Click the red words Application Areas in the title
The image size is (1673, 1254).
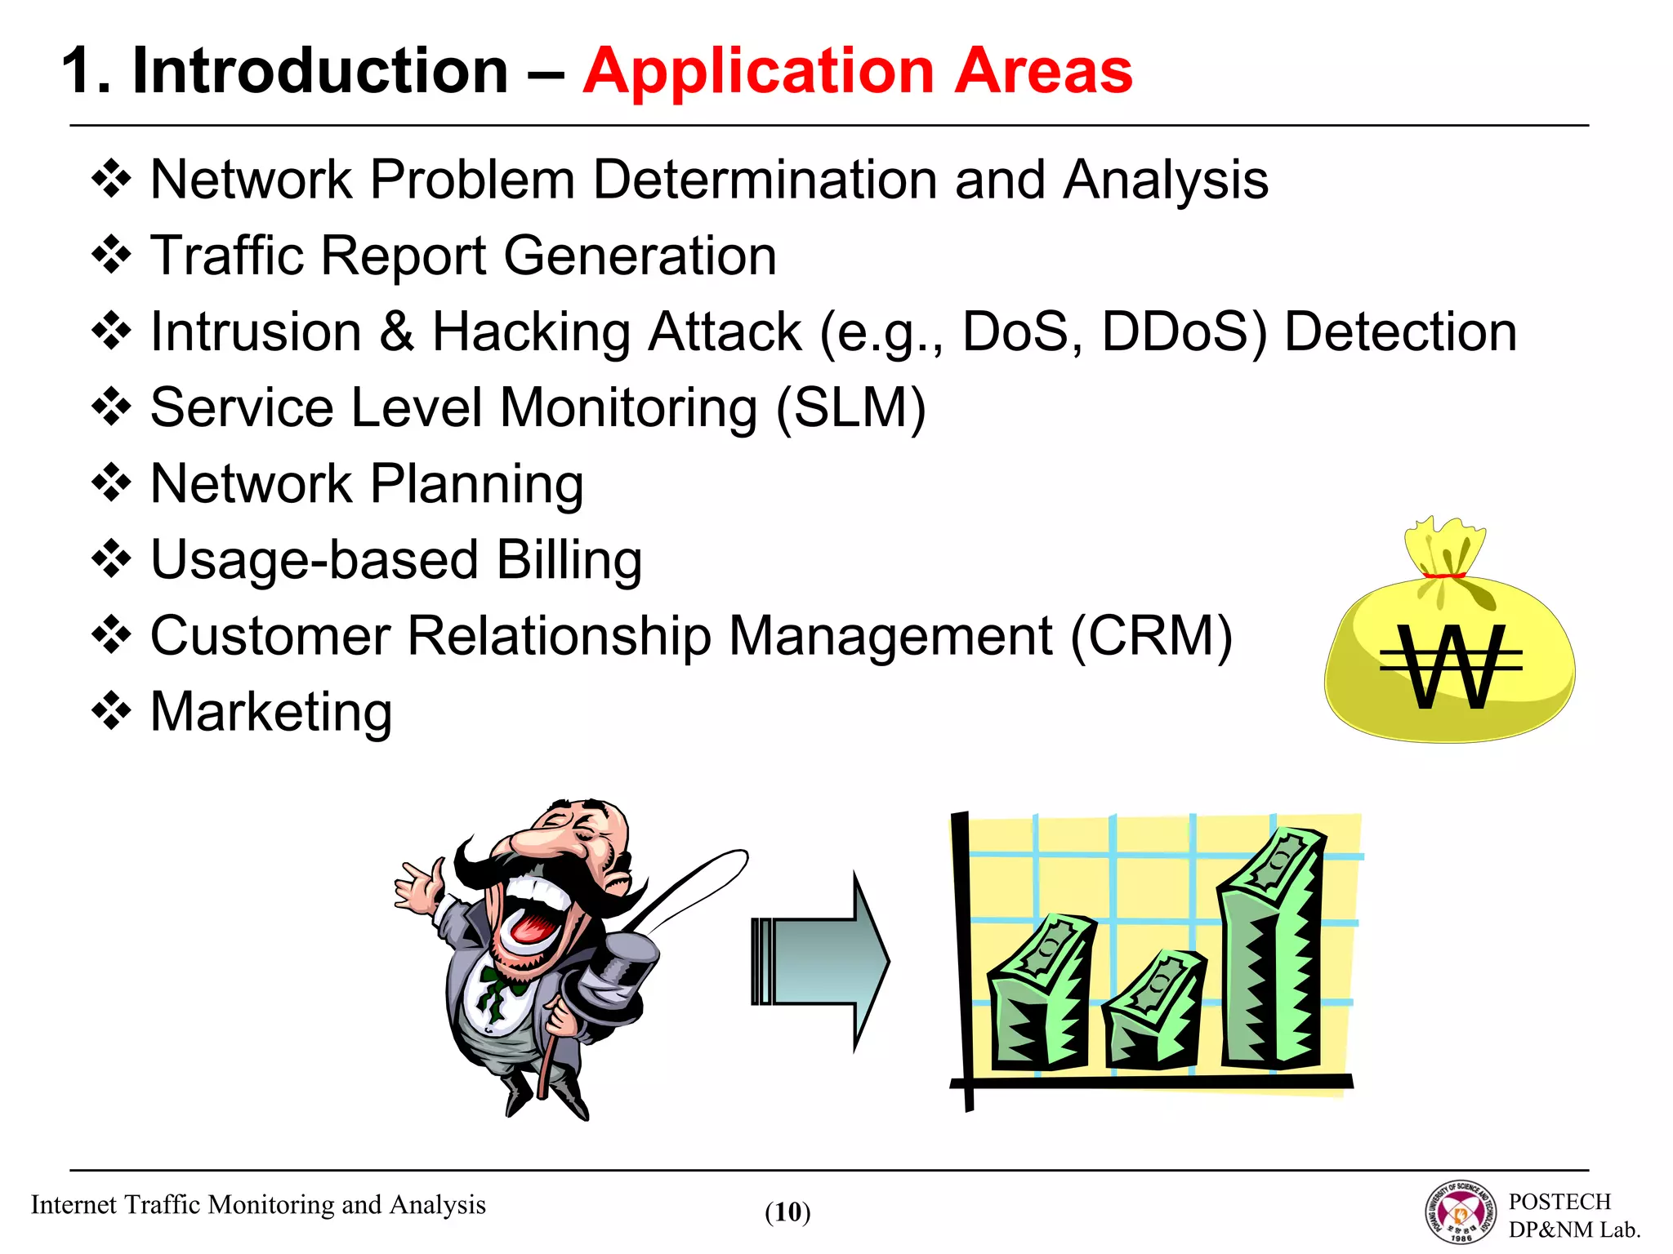[x=858, y=72]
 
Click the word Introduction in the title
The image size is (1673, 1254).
[x=320, y=72]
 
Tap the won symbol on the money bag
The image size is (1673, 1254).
[x=1451, y=665]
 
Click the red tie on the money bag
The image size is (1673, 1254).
[x=1444, y=576]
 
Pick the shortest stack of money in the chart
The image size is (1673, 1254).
[x=1153, y=1012]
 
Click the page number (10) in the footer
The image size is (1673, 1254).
[x=787, y=1212]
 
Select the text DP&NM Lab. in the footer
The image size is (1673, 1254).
[x=1574, y=1230]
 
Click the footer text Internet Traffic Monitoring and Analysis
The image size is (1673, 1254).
[x=258, y=1205]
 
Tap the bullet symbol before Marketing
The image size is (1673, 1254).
[x=111, y=711]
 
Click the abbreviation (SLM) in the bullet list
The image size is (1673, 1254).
[x=851, y=407]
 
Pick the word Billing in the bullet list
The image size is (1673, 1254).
[x=569, y=560]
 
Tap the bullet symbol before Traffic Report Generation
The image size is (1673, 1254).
[x=111, y=256]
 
